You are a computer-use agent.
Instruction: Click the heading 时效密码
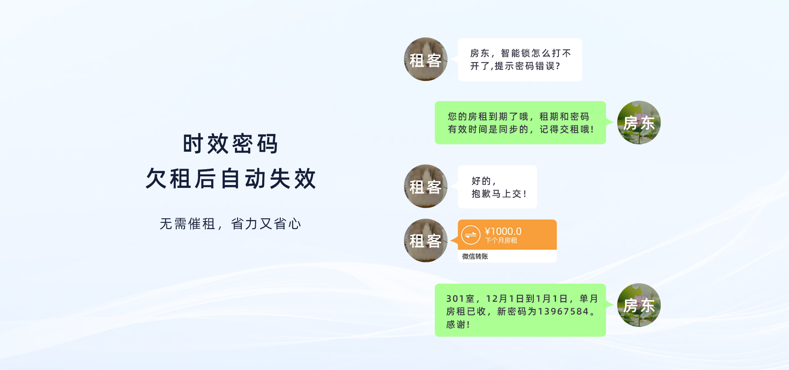pyautogui.click(x=230, y=143)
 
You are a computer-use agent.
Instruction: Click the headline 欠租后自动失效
pyautogui.click(x=231, y=178)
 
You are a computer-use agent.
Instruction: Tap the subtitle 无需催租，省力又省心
pyautogui.click(x=230, y=224)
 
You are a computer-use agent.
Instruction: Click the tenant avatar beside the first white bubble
pyautogui.click(x=426, y=59)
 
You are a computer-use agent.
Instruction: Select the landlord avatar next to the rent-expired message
pyautogui.click(x=639, y=123)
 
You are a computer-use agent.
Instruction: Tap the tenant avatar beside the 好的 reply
pyautogui.click(x=426, y=186)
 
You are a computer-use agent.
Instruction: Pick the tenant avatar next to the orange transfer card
pyautogui.click(x=426, y=240)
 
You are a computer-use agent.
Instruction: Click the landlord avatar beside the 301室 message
pyautogui.click(x=639, y=305)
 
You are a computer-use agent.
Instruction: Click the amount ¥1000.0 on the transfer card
pyautogui.click(x=503, y=231)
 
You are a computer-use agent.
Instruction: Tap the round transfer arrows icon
pyautogui.click(x=471, y=235)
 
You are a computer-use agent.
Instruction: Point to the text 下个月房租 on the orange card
pyautogui.click(x=501, y=240)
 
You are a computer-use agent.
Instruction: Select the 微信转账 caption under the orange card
pyautogui.click(x=475, y=256)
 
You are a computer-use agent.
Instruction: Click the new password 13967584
pyautogui.click(x=563, y=312)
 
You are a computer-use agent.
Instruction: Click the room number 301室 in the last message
pyautogui.click(x=460, y=299)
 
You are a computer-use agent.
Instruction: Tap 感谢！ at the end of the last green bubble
pyautogui.click(x=458, y=324)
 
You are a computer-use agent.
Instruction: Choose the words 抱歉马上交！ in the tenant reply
pyautogui.click(x=499, y=194)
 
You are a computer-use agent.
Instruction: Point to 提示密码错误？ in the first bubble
pyautogui.click(x=527, y=66)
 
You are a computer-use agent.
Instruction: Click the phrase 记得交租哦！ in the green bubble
pyautogui.click(x=567, y=129)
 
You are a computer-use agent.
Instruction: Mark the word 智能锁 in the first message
pyautogui.click(x=516, y=53)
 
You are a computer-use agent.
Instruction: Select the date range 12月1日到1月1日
pyautogui.click(x=527, y=299)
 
